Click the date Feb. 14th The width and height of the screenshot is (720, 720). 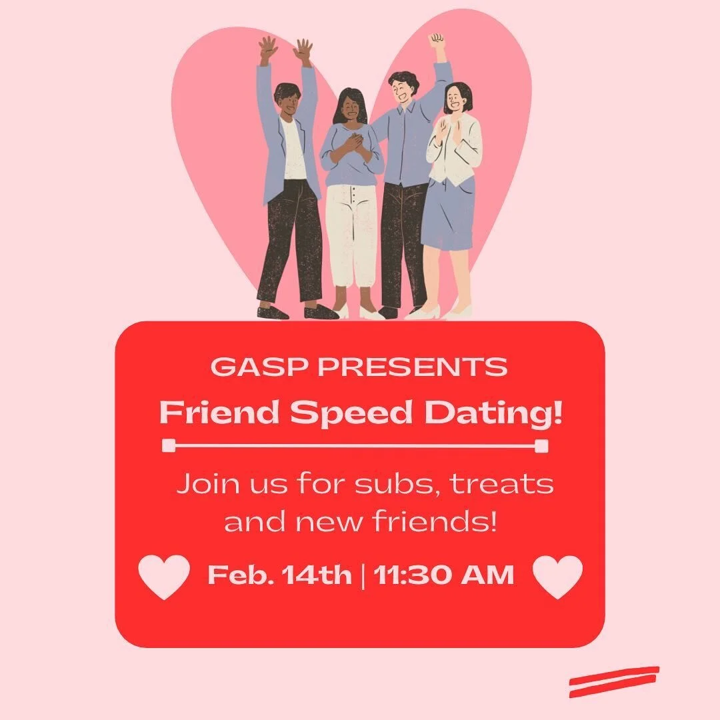pos(279,575)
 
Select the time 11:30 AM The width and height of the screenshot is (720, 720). pos(444,575)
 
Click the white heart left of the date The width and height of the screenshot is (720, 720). pos(164,577)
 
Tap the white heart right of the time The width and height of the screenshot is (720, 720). pos(558,577)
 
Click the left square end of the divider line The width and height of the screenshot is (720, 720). pos(169,446)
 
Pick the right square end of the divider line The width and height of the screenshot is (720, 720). pos(541,446)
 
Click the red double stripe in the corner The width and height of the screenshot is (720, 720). pos(614,681)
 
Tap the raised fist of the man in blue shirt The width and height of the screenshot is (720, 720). pos(437,40)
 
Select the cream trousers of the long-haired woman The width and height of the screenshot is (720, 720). pos(351,233)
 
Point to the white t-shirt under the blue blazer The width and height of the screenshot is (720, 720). pos(293,150)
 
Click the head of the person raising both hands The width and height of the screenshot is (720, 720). pos(287,99)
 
